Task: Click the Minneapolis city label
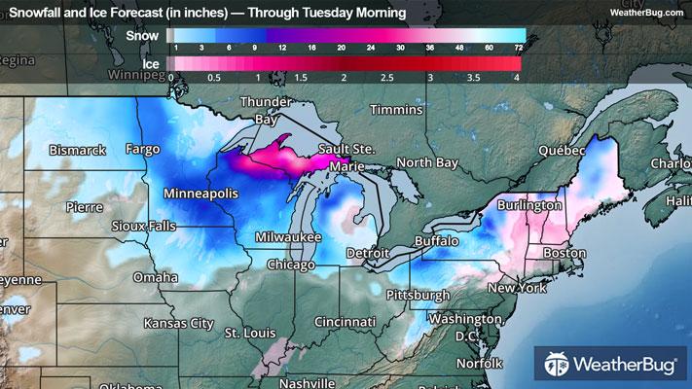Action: [201, 194]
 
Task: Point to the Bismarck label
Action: [78, 150]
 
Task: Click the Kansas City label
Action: [177, 321]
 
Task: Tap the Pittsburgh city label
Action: [417, 294]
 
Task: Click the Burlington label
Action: [528, 206]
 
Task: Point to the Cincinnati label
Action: [346, 321]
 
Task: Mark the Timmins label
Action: [394, 111]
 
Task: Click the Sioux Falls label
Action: [144, 226]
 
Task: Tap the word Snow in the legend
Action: [142, 35]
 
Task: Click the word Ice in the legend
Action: [151, 64]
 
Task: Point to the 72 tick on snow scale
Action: [519, 47]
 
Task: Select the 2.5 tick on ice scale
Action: [387, 77]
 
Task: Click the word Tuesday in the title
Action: [330, 12]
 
